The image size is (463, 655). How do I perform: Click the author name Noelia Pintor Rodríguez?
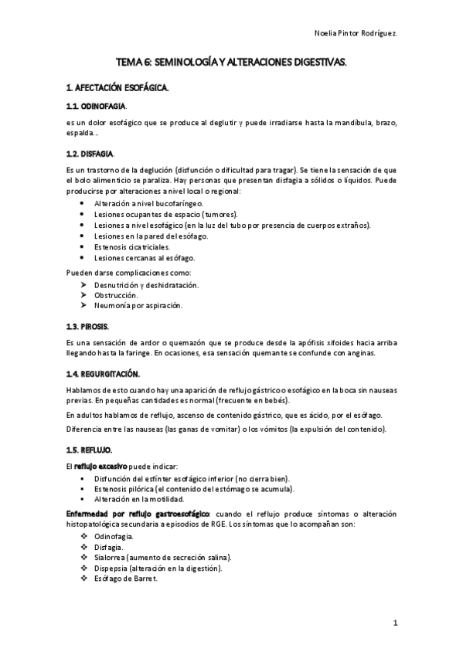356,32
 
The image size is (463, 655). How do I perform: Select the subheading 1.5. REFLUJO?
90,449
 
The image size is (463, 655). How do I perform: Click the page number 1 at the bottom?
394,622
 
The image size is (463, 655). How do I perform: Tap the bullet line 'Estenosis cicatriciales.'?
136,247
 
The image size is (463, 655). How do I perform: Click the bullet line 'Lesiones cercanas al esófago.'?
145,258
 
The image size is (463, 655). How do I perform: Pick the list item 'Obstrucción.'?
117,295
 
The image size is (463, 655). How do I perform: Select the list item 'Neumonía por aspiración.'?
138,306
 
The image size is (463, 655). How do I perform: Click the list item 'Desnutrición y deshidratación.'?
146,284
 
